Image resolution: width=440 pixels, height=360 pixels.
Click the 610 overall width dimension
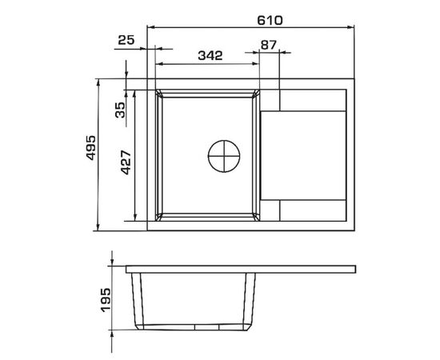(270, 21)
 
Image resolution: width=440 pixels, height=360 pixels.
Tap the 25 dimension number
(126, 40)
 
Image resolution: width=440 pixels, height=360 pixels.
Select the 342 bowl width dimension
(210, 55)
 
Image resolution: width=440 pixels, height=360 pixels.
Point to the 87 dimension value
(269, 45)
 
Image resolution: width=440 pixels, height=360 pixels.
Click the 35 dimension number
(120, 110)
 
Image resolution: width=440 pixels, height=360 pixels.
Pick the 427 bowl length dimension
(126, 162)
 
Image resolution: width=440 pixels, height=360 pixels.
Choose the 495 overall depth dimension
(90, 148)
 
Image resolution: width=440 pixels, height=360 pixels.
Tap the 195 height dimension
(106, 300)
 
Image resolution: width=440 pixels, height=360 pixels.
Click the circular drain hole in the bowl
(224, 156)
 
